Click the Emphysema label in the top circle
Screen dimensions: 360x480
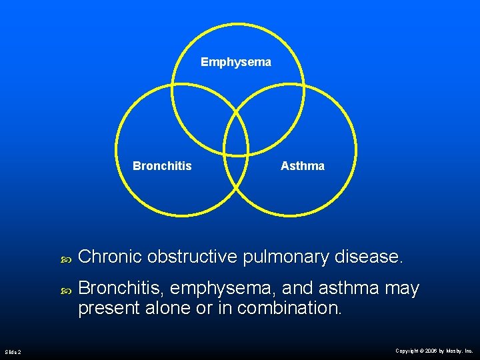236,62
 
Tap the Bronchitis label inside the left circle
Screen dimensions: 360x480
162,166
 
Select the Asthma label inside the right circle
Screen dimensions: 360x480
303,166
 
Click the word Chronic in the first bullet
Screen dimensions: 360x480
110,257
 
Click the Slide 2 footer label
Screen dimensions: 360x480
13,351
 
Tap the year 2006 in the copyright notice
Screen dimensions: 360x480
431,351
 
